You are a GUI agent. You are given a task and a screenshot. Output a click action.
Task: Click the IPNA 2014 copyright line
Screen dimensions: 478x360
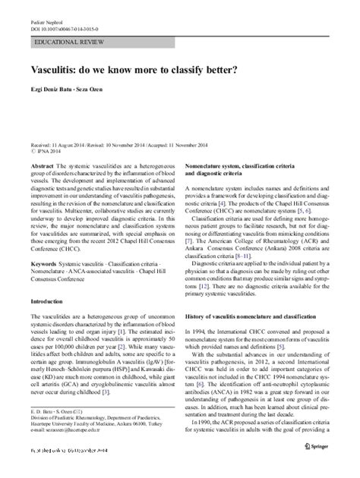point(46,149)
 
